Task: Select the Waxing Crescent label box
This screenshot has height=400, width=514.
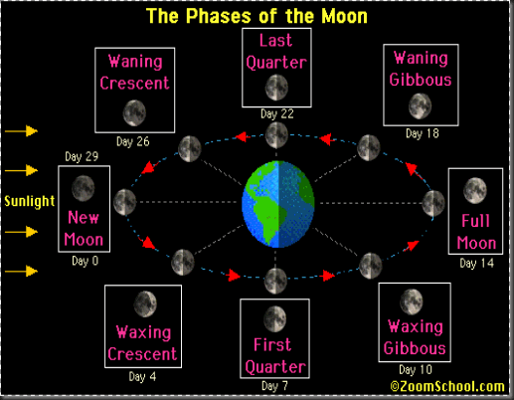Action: (x=143, y=327)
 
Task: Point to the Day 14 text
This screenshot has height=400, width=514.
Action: (x=475, y=264)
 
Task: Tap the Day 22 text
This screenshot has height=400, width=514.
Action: (x=275, y=113)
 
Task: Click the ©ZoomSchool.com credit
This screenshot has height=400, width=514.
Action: (x=447, y=386)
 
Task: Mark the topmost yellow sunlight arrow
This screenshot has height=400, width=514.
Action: (x=20, y=130)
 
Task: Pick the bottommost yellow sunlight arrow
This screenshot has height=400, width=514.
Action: (x=20, y=271)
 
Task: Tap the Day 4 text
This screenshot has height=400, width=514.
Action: (x=142, y=377)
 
